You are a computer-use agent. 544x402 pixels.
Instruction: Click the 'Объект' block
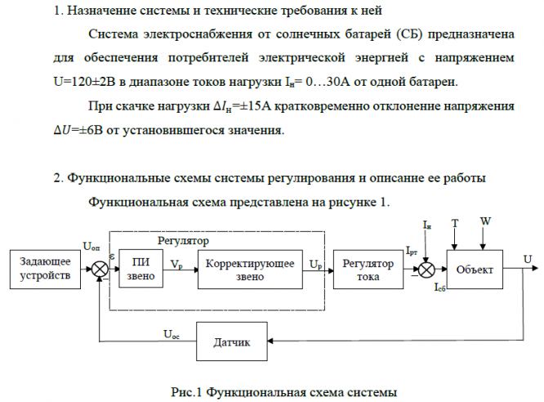(x=475, y=269)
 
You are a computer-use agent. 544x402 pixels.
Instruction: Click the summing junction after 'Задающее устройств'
(x=99, y=269)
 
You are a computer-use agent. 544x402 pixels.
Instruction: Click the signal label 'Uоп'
(x=92, y=247)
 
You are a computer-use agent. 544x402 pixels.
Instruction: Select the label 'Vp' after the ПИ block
(x=177, y=263)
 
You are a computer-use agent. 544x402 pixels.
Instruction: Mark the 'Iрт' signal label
(x=411, y=252)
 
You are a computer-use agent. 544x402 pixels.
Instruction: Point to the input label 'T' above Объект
(x=455, y=222)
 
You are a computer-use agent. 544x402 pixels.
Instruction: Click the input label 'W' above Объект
(x=485, y=221)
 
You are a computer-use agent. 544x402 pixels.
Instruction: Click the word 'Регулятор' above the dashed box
(x=182, y=241)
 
